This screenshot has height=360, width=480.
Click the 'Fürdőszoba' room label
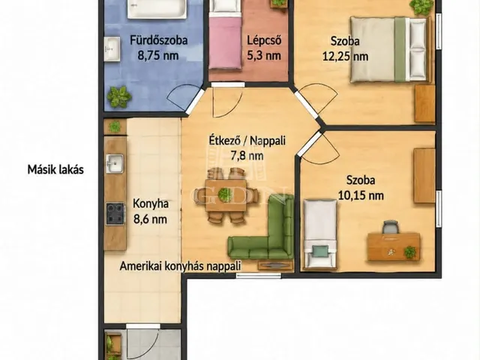158,40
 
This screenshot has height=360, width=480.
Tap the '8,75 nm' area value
158,55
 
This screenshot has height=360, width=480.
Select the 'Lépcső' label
264,40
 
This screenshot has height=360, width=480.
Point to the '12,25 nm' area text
345,56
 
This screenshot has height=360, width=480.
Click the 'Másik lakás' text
55,169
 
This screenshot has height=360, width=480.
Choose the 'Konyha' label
151,204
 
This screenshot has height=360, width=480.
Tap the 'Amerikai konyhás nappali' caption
180,265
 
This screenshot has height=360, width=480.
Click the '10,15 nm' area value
361,195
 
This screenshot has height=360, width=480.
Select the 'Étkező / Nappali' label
247,140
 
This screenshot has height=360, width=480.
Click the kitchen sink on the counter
115,163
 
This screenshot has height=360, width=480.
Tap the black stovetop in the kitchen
115,214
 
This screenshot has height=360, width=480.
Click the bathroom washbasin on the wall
112,49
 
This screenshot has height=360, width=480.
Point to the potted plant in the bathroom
118,97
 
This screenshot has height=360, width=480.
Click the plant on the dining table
225,194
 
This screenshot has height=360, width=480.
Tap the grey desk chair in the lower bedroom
390,227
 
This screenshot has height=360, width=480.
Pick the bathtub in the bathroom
157,8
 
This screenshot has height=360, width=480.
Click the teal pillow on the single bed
320,251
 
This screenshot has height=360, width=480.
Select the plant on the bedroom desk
409,252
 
